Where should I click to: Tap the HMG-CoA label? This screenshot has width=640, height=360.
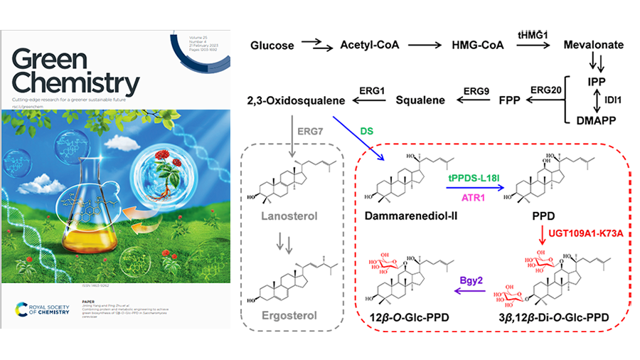[475, 46]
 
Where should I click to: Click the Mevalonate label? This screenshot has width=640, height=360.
[593, 46]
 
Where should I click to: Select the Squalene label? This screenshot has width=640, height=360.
[420, 100]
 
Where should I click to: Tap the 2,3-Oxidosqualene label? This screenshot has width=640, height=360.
[296, 100]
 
